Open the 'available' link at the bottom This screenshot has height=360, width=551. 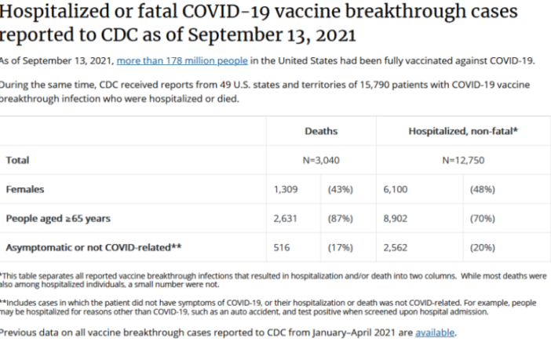pos(434,332)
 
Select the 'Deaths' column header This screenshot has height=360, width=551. pos(320,132)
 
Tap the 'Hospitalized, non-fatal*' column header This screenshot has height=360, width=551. pos(463,132)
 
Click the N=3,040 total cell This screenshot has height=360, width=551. pos(320,160)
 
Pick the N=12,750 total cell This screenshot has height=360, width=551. pos(463,160)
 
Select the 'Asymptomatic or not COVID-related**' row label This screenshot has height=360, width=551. pos(93,247)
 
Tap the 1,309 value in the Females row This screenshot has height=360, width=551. pos(286,189)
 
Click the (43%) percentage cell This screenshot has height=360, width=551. pos(340,189)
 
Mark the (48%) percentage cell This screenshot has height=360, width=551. pos(482,189)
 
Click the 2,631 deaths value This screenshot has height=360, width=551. pos(286,218)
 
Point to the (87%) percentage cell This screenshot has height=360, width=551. pos(340,218)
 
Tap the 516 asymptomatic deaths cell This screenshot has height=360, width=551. pos(281,247)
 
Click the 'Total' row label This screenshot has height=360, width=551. pos(17,160)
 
